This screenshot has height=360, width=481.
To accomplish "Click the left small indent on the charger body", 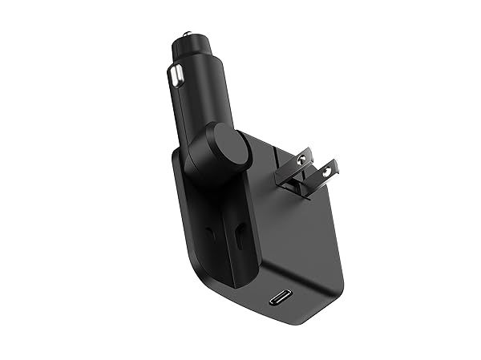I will tap(210, 233).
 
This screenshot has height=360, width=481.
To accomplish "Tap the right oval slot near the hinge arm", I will tap(241, 237).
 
